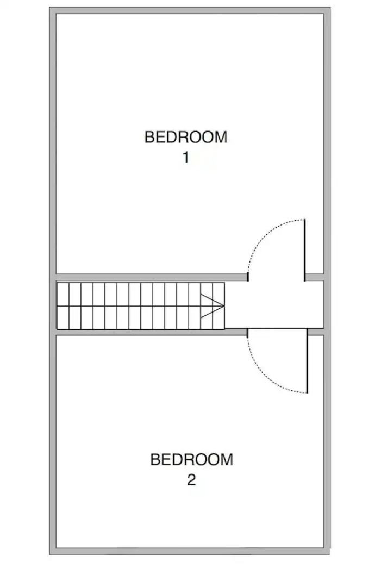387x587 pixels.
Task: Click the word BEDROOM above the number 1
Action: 186,137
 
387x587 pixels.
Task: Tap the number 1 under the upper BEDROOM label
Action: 186,158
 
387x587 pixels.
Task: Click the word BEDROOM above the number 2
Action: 192,459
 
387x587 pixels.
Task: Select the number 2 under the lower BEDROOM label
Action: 191,480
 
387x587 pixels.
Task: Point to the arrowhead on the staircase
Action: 212,306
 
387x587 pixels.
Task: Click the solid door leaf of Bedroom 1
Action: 305,250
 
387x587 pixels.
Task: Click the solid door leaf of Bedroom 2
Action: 307,361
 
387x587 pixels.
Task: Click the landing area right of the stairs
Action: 274,305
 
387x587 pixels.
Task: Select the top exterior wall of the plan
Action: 190,10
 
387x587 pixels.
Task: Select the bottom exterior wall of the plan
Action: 190,551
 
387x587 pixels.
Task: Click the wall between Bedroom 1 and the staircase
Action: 152,277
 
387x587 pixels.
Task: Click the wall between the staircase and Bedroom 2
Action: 152,332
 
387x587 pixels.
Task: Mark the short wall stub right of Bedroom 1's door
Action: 314,277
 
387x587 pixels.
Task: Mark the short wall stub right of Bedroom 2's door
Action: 315,332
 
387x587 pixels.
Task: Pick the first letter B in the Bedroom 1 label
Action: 149,137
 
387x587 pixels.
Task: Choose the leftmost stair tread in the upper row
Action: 63,294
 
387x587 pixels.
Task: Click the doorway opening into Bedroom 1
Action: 276,277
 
